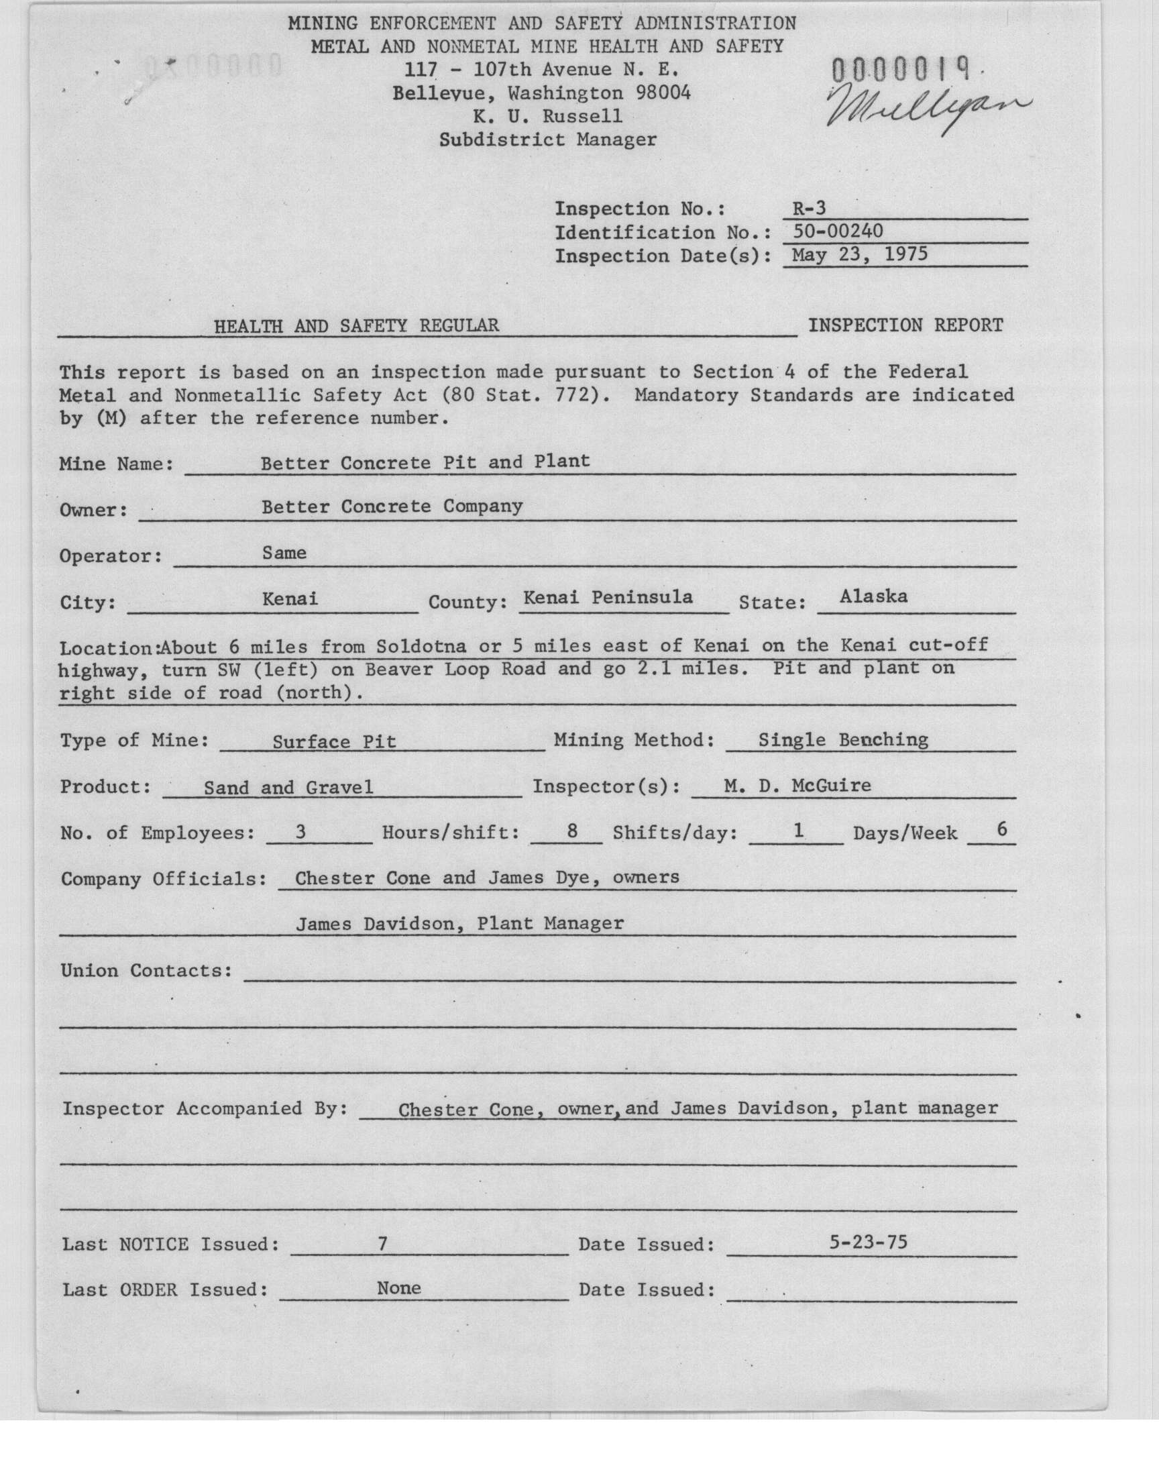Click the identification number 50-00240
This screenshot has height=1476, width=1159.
tap(837, 231)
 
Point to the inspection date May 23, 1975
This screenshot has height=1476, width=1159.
tap(854, 254)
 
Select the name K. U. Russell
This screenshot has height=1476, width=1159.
tap(547, 116)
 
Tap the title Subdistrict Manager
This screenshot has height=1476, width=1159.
tap(547, 140)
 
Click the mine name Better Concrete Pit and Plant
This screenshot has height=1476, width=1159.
tap(425, 462)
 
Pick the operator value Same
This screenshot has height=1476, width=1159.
tap(284, 553)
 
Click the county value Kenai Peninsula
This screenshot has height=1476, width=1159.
tap(608, 597)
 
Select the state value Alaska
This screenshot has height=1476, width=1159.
tap(873, 596)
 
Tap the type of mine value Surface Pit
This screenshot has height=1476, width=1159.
tap(334, 741)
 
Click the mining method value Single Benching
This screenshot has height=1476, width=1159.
tap(843, 739)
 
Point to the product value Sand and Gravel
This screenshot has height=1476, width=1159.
tap(288, 787)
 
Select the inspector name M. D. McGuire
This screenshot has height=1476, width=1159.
tap(797, 786)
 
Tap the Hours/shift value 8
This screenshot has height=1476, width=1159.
tap(571, 831)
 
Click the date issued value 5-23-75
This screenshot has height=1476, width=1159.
tap(869, 1243)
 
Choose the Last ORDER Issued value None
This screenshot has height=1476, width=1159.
tap(399, 1288)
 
